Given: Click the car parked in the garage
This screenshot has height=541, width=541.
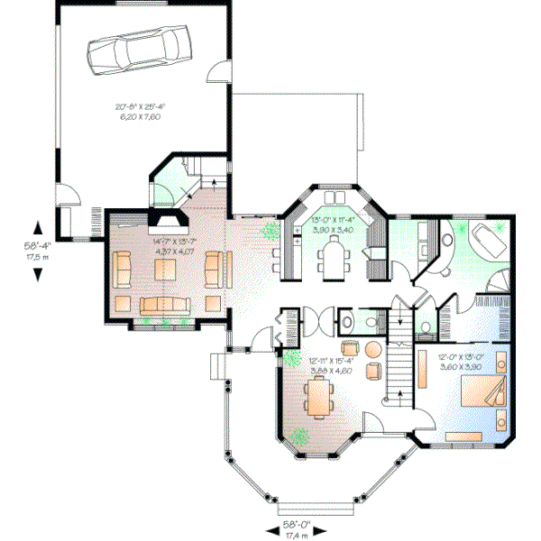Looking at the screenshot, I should (142, 48).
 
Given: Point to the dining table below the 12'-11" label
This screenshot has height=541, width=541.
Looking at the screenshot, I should (317, 397).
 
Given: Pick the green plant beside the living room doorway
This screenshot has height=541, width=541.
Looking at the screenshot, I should (270, 233).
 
